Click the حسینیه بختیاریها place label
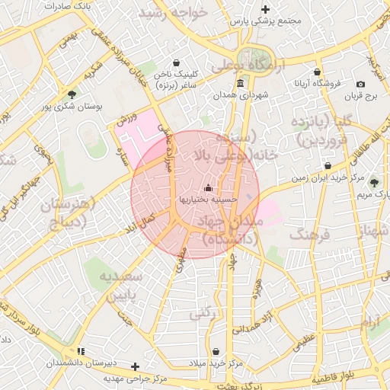click(x=209, y=199)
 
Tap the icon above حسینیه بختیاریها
click(x=209, y=187)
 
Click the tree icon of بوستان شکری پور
click(x=72, y=95)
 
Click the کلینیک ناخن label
click(x=176, y=75)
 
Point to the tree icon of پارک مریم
click(x=373, y=182)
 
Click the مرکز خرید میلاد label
click(x=219, y=364)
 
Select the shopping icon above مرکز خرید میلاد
click(x=219, y=352)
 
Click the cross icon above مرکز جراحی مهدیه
click(x=136, y=366)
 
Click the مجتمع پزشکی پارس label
click(x=265, y=21)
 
